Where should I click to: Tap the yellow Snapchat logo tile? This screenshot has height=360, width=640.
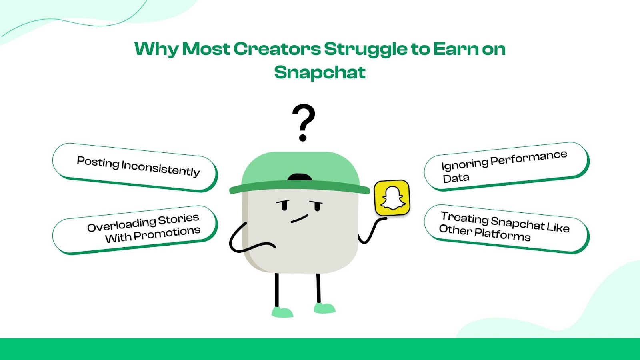(392, 198)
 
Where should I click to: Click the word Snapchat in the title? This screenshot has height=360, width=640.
(320, 72)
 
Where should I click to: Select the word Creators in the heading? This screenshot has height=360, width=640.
(277, 49)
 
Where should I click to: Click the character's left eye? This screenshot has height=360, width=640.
(284, 206)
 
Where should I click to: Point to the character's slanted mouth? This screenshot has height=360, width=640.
(300, 218)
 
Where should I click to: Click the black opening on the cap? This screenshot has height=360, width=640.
(300, 177)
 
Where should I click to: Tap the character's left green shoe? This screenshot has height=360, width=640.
(282, 312)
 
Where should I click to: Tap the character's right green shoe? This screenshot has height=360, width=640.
(324, 308)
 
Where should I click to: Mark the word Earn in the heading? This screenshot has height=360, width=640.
(456, 49)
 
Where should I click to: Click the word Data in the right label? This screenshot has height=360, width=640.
(456, 178)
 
